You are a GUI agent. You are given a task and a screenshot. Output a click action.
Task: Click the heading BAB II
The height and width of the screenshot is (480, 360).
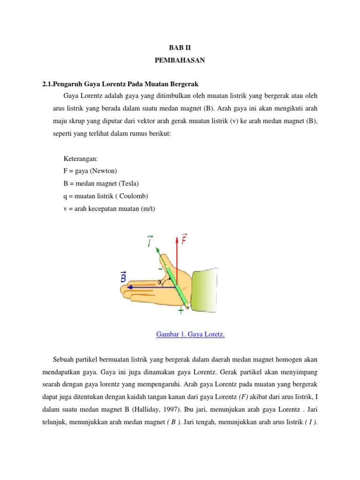click(x=180, y=48)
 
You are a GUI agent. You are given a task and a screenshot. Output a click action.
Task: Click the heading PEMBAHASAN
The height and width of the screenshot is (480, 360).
click(x=180, y=60)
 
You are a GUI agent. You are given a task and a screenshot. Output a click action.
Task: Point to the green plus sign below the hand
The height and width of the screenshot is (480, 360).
click(x=180, y=310)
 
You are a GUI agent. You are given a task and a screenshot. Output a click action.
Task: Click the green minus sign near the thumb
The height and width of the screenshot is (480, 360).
click(x=161, y=270)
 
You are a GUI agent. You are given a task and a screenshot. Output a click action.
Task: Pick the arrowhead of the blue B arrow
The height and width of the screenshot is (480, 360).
click(x=128, y=287)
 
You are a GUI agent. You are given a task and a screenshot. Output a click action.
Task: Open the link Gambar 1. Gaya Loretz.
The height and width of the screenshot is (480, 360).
click(x=190, y=334)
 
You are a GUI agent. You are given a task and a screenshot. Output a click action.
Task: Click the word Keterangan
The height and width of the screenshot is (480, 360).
click(x=80, y=159)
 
